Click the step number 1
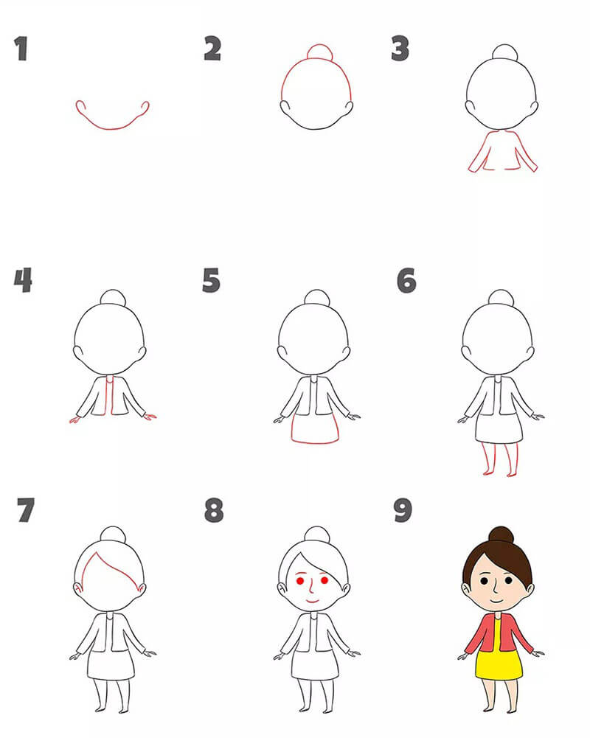(x=21, y=49)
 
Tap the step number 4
(x=23, y=280)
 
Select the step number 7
(x=25, y=510)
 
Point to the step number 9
(x=403, y=510)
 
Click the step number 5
(x=211, y=280)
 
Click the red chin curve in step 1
(x=112, y=128)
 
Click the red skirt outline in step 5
(x=315, y=442)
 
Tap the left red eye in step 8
(x=300, y=581)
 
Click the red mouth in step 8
(x=312, y=601)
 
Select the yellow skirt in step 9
(x=499, y=664)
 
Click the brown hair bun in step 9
(x=501, y=535)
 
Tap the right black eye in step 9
(x=509, y=580)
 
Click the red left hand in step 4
(x=74, y=420)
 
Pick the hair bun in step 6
(x=501, y=297)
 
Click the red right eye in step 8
(x=324, y=580)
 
